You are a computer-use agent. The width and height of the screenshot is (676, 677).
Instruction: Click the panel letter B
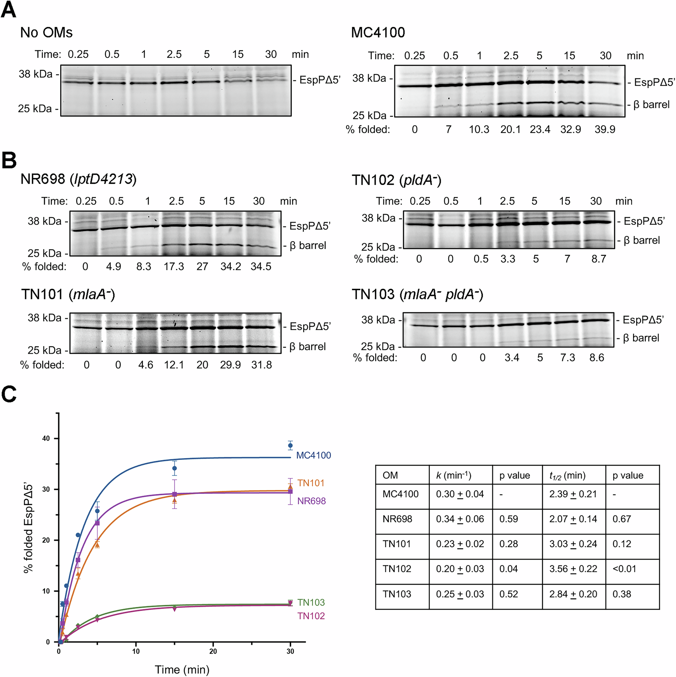click(9, 161)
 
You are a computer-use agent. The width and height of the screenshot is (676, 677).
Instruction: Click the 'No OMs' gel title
click(46, 32)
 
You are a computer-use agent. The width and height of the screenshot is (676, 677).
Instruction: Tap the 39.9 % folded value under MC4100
click(605, 129)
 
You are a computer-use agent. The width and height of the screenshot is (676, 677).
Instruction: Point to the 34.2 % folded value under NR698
click(231, 266)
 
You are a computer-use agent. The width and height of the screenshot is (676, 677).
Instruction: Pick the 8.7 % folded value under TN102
click(599, 259)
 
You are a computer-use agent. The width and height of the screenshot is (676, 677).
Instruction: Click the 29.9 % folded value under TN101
click(230, 365)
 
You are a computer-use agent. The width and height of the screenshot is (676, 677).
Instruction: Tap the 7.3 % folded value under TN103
click(568, 357)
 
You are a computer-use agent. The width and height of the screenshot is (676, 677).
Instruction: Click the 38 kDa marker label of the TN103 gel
click(378, 320)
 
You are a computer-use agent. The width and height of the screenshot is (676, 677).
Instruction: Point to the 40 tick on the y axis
click(46, 438)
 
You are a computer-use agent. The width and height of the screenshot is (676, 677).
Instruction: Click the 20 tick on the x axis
click(213, 651)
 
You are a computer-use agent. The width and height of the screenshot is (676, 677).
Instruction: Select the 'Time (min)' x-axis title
click(182, 669)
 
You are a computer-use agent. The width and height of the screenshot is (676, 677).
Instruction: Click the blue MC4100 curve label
click(313, 455)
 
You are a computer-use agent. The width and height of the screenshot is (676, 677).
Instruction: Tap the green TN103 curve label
click(311, 602)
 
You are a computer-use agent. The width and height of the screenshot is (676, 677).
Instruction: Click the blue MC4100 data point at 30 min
click(290, 446)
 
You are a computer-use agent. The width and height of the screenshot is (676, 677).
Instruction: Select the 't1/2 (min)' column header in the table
click(568, 475)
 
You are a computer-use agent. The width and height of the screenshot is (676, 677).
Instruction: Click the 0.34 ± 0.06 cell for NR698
click(460, 519)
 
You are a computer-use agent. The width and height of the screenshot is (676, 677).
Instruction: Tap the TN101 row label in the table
click(396, 544)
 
